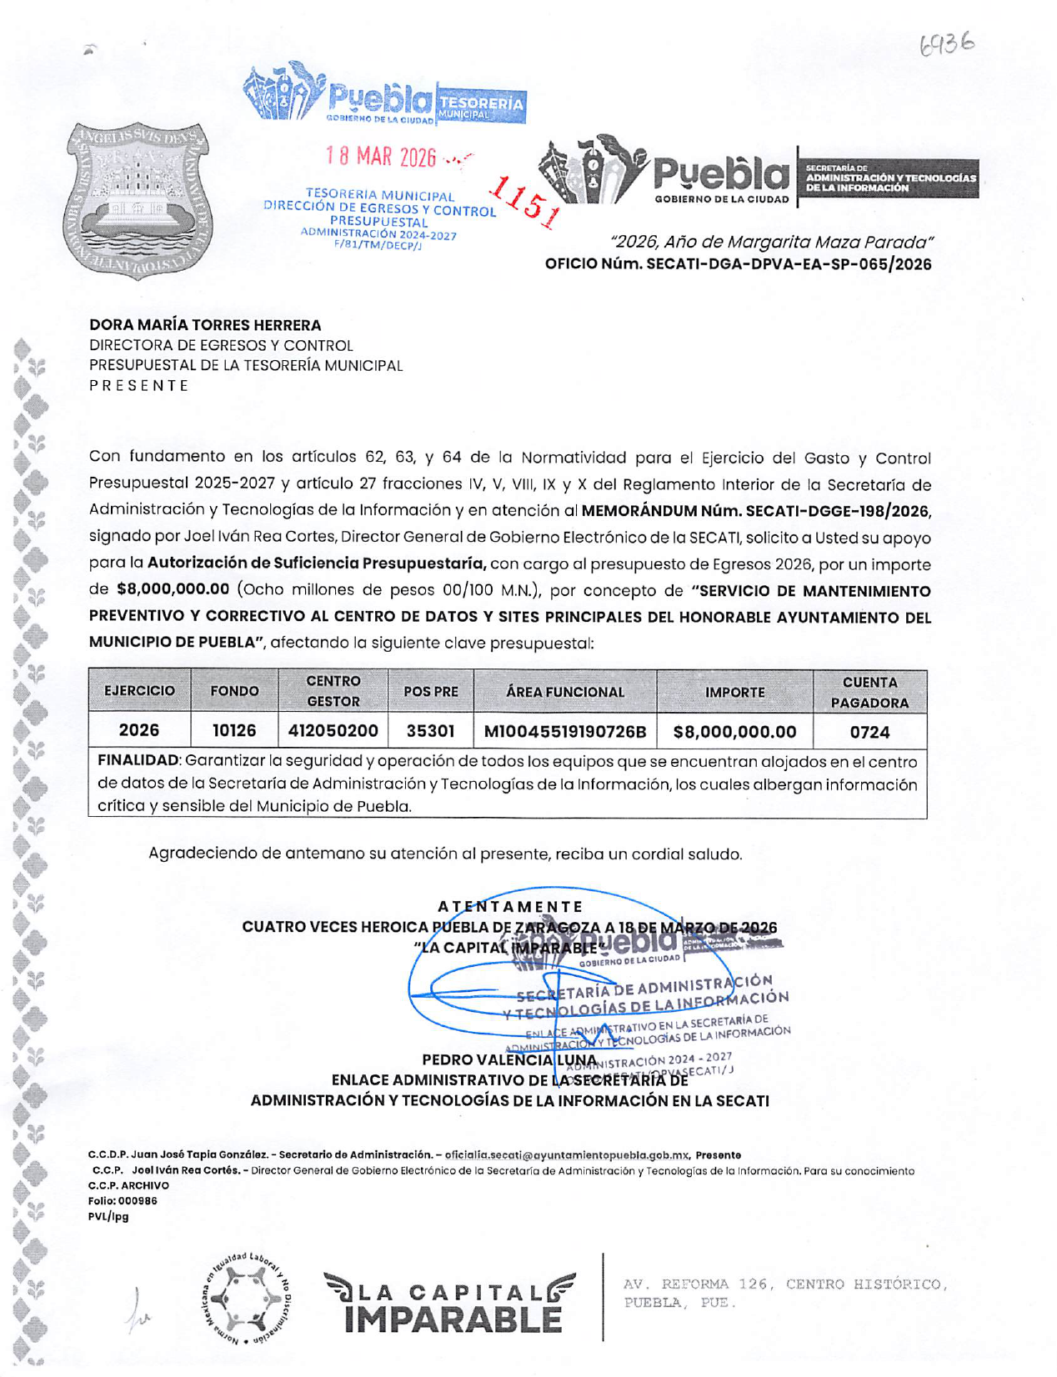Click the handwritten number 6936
(946, 43)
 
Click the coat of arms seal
(138, 201)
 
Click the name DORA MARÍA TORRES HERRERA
(205, 325)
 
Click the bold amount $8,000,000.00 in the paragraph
(173, 589)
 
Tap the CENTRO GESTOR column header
(333, 692)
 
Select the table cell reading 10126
(234, 731)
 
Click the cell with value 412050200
(333, 731)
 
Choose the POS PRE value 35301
(430, 731)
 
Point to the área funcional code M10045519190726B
(565, 732)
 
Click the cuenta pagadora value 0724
(869, 732)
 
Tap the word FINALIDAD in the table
(138, 761)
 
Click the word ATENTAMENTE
(510, 907)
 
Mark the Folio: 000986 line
(123, 1201)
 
